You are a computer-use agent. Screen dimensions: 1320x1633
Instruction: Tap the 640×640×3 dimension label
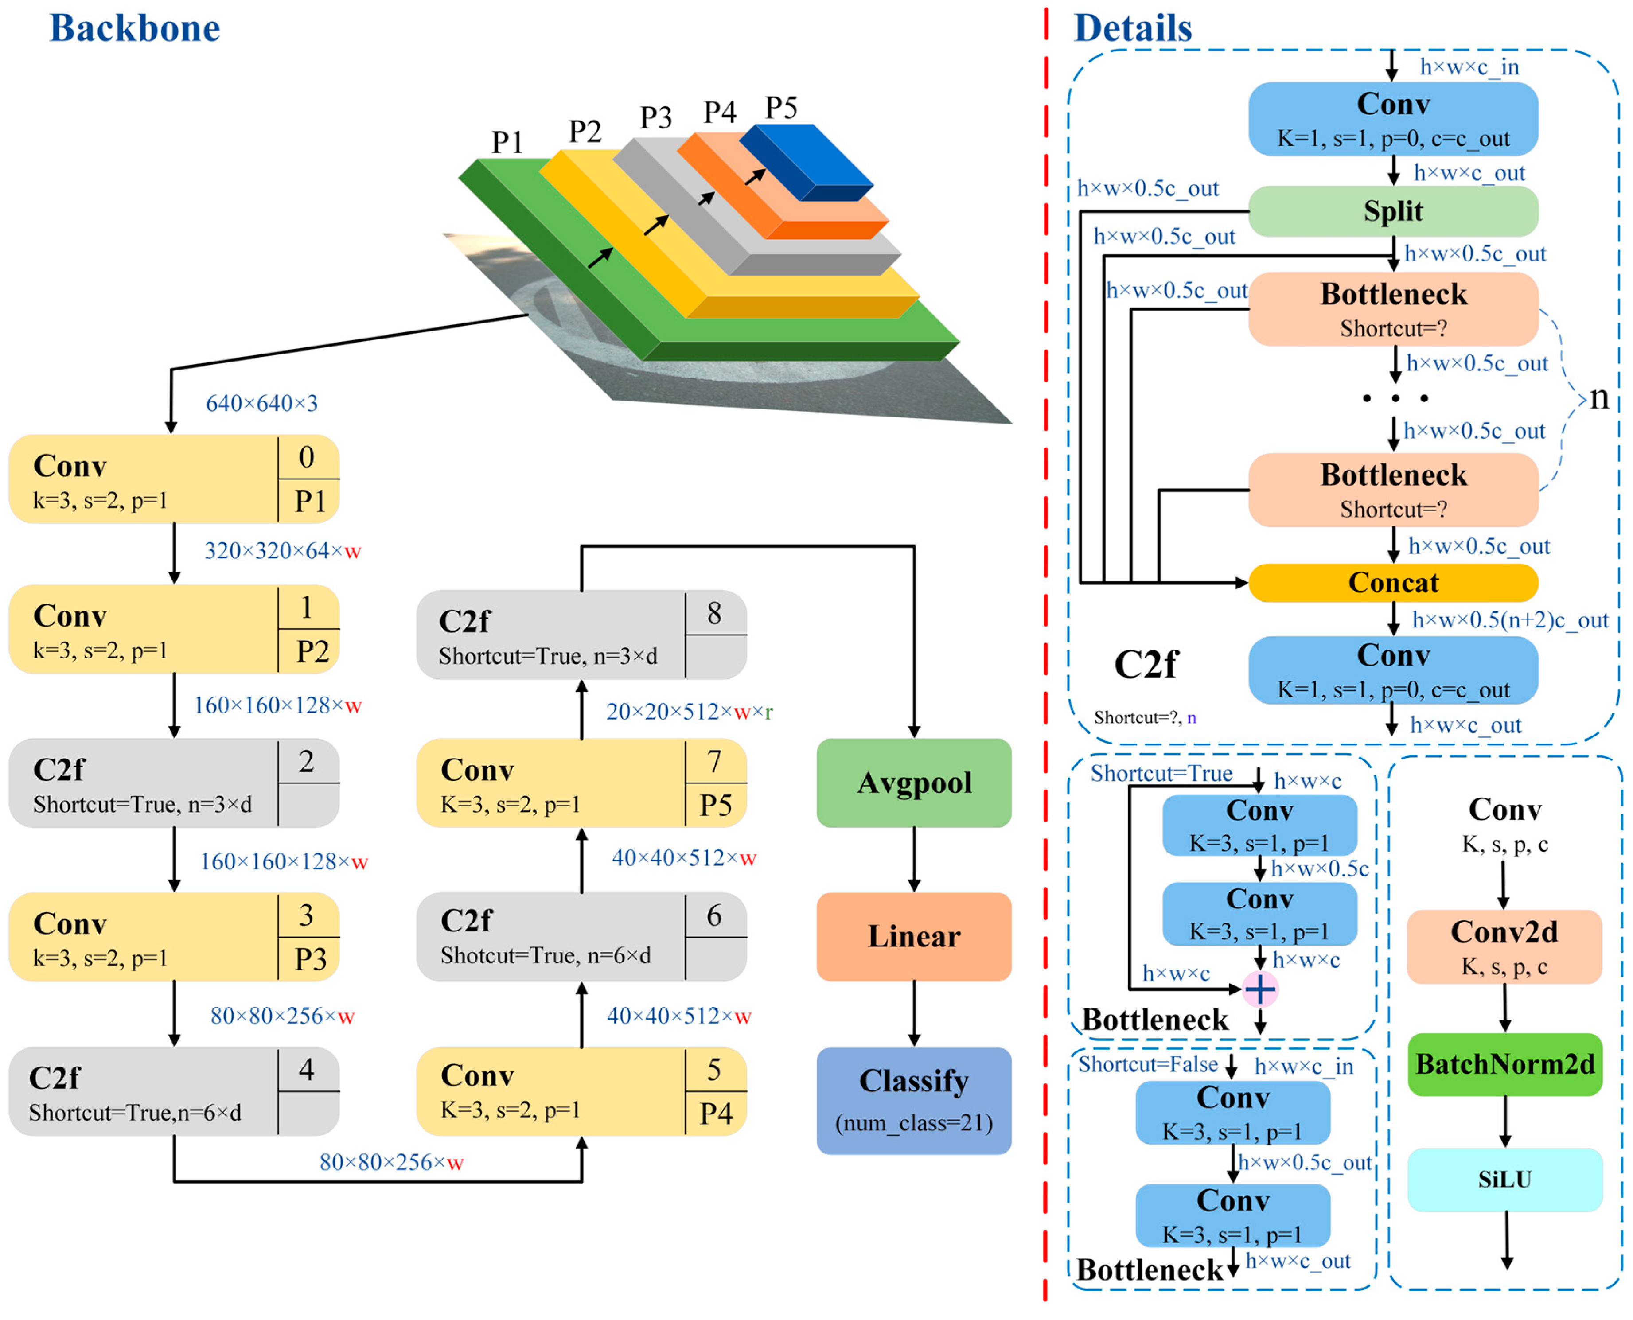[261, 403]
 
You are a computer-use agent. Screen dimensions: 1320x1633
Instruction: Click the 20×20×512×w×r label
[689, 712]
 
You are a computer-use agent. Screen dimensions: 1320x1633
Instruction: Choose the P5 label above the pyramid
[781, 108]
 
